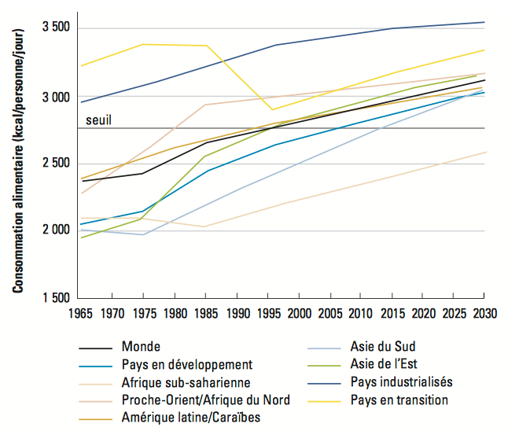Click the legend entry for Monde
[142, 346]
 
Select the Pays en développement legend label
[186, 364]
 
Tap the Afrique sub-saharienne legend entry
[186, 382]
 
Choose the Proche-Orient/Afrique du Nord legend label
[206, 400]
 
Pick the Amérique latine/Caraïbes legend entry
[191, 418]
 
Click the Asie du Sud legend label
[382, 346]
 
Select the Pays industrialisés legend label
[401, 382]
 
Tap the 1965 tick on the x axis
[81, 314]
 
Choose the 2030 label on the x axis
[484, 314]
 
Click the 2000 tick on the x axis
[298, 314]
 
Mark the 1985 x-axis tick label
[205, 314]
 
